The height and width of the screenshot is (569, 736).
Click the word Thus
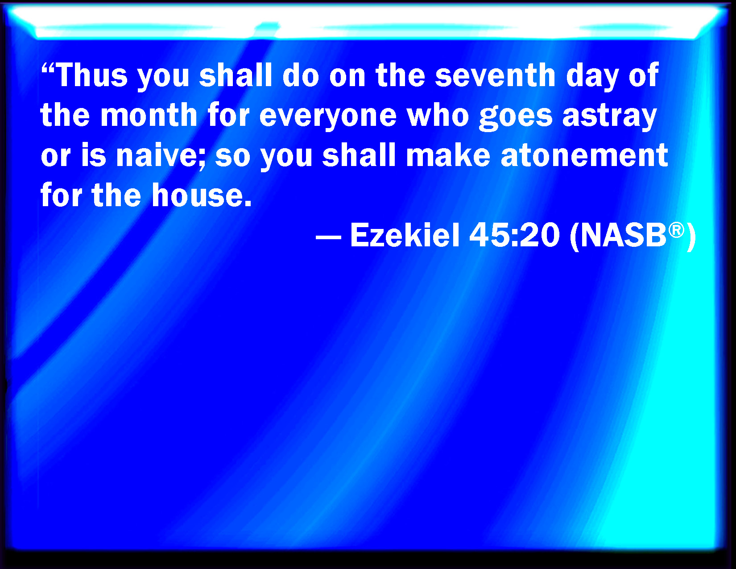tap(91, 75)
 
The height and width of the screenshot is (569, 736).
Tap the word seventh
tap(495, 75)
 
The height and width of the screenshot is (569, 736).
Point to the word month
tap(149, 115)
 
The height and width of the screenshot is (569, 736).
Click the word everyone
tap(328, 117)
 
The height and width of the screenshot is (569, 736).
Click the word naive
tap(156, 155)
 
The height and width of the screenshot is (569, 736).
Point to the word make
tap(448, 155)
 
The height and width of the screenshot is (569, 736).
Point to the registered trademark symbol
tap(676, 230)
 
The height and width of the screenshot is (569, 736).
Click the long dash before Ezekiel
tap(328, 237)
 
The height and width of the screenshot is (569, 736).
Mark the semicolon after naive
tap(202, 159)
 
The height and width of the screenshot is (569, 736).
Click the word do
tap(301, 75)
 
